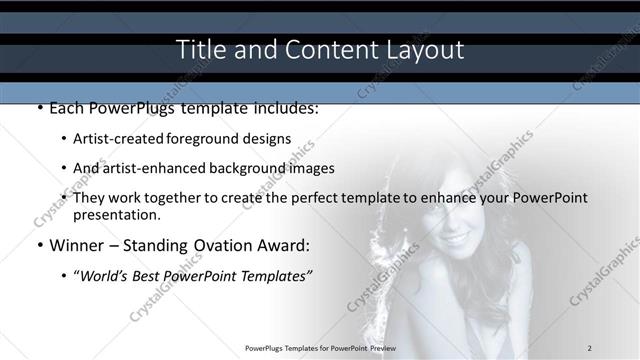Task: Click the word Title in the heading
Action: point(198,49)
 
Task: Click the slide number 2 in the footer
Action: point(590,347)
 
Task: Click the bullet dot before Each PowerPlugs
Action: point(40,108)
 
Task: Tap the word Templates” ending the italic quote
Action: point(278,275)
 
